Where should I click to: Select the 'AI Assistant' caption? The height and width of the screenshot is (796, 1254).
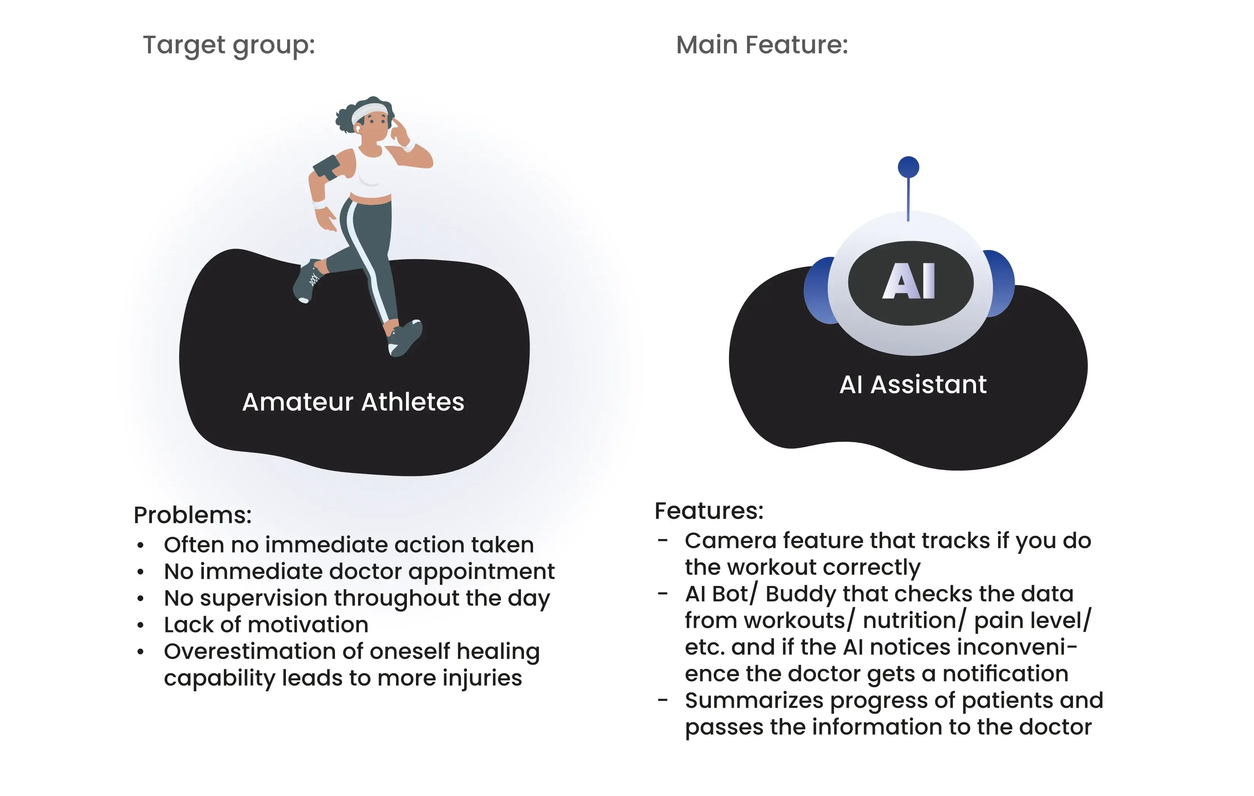tap(913, 385)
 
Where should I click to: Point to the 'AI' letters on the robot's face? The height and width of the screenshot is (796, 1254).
tap(909, 282)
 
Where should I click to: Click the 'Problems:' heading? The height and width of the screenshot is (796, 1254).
tap(193, 515)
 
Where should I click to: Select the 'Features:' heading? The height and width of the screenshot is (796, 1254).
tap(709, 511)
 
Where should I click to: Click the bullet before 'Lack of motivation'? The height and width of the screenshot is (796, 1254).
tap(140, 625)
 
